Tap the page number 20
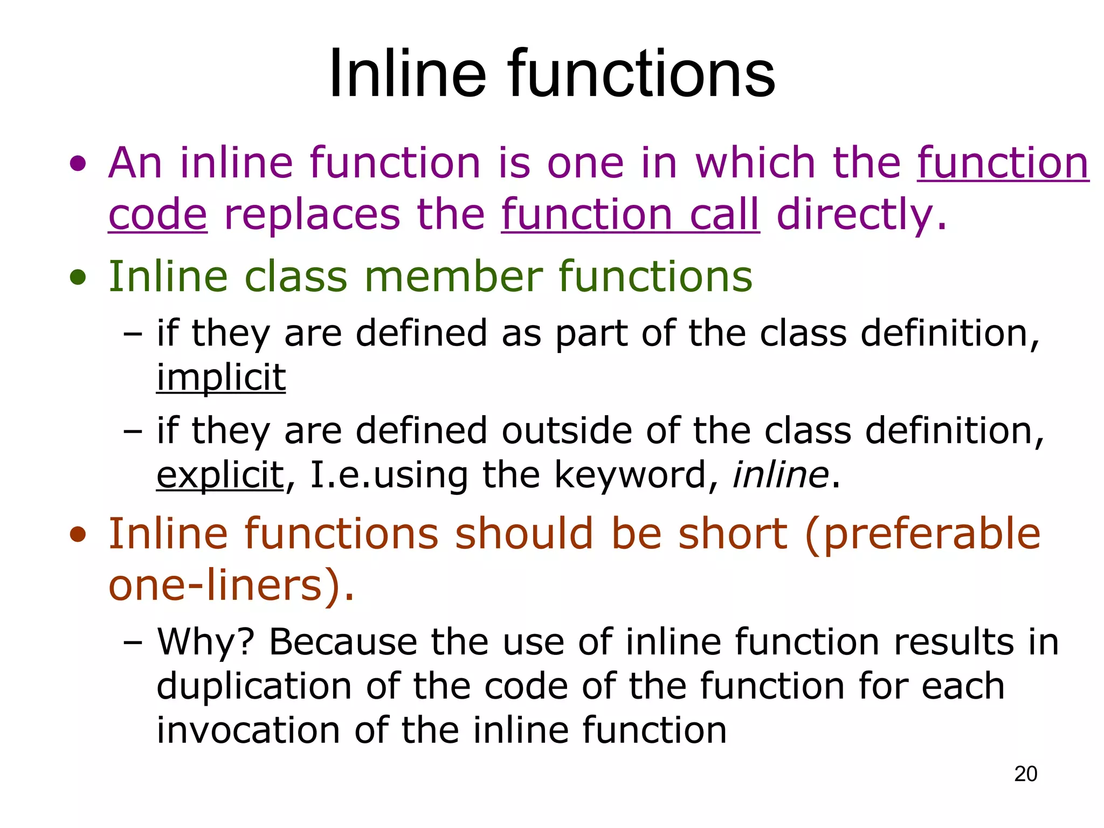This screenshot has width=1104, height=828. (x=1025, y=774)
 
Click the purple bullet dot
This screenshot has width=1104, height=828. (x=78, y=164)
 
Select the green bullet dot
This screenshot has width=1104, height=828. (x=78, y=278)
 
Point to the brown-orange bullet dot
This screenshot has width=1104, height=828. (x=78, y=535)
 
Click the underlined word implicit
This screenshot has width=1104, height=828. (x=221, y=377)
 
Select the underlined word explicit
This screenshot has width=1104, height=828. (x=220, y=475)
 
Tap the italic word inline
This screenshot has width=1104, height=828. (x=781, y=475)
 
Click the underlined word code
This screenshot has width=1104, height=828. (x=157, y=215)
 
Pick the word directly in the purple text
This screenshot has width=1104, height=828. (x=861, y=215)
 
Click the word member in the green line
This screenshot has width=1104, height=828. (x=453, y=277)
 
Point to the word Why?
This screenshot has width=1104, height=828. (x=205, y=642)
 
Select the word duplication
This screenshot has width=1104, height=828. (x=254, y=686)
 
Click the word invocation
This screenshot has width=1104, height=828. (x=248, y=730)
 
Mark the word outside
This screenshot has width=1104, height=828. (x=567, y=431)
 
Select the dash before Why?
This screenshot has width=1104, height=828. (x=133, y=643)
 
